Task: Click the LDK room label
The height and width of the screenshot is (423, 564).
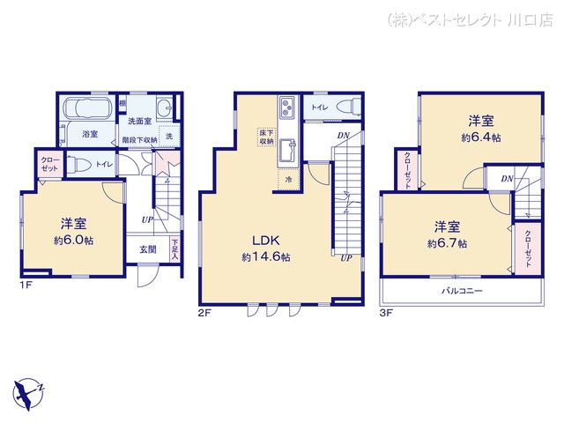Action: [266, 241]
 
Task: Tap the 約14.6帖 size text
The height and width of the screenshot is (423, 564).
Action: [266, 256]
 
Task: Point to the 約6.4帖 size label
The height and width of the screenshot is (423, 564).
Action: [480, 137]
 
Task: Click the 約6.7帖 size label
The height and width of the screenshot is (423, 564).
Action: [447, 242]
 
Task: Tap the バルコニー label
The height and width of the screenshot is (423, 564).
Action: [462, 290]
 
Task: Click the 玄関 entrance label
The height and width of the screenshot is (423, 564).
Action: [148, 249]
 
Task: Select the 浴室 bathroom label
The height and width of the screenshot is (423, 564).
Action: [89, 134]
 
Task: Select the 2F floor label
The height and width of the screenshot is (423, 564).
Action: [204, 312]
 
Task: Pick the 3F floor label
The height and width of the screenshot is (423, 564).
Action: [385, 312]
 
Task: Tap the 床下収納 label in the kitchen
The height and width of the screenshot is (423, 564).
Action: [266, 137]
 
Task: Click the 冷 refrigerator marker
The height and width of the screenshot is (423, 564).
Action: [288, 179]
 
